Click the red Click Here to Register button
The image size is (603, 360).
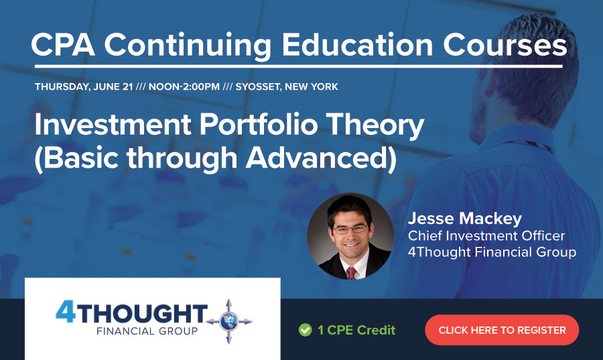(502, 330)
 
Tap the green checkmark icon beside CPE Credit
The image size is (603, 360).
(305, 330)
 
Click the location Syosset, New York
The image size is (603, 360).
(287, 87)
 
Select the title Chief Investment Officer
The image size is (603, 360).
(486, 236)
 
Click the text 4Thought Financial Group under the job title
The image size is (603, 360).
(492, 253)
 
